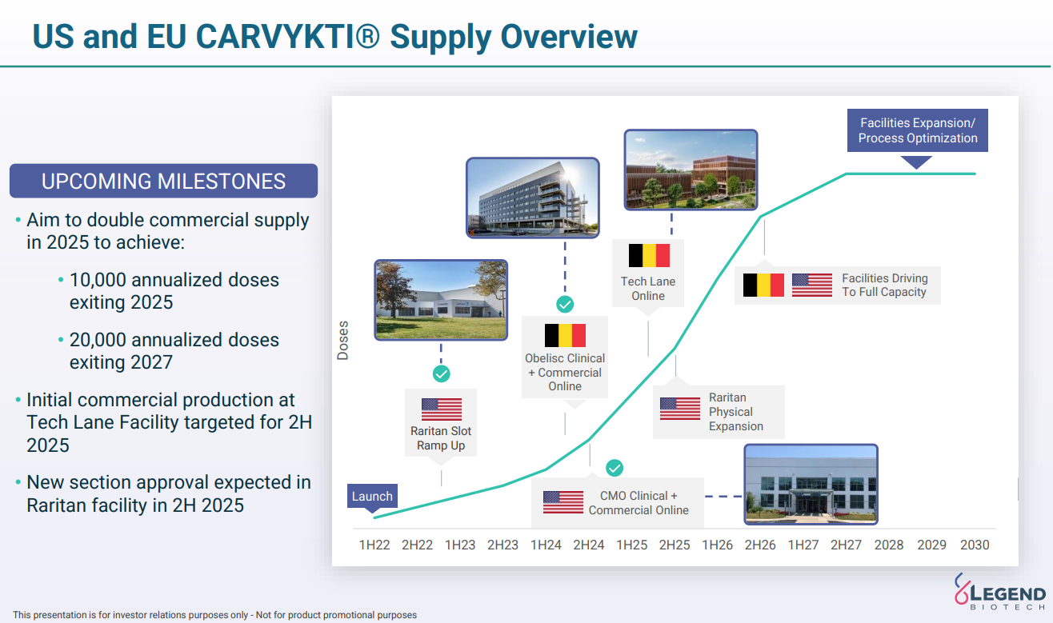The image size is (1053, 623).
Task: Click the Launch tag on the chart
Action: pyautogui.click(x=372, y=496)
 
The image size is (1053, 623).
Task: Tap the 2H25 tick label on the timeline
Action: pyautogui.click(x=674, y=545)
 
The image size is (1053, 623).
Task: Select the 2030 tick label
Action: pyautogui.click(x=975, y=545)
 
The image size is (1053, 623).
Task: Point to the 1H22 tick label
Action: pyautogui.click(x=374, y=545)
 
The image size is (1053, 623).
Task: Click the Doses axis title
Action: pyautogui.click(x=342, y=341)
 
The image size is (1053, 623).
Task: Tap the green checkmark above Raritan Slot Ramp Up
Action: pyautogui.click(x=442, y=374)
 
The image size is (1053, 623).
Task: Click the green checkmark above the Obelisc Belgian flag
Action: pyautogui.click(x=565, y=305)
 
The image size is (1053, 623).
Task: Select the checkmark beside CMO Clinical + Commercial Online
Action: pyautogui.click(x=615, y=468)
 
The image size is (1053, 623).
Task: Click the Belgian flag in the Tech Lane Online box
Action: pyautogui.click(x=649, y=256)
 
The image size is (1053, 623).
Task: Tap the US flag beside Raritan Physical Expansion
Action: pyautogui.click(x=680, y=409)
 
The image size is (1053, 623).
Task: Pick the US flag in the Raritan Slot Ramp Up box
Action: pyautogui.click(x=442, y=409)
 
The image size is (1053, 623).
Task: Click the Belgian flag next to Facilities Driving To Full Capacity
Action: pyautogui.click(x=763, y=286)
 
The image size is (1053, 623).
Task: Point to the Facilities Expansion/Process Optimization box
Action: pyautogui.click(x=918, y=130)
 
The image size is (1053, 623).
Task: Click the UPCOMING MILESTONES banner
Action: pyautogui.click(x=163, y=181)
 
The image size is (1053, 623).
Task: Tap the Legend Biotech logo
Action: pyautogui.click(x=1000, y=592)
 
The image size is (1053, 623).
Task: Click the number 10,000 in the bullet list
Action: pyautogui.click(x=98, y=280)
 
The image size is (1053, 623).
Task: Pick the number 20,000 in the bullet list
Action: pyautogui.click(x=98, y=340)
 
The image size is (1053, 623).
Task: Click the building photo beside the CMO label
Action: pyautogui.click(x=811, y=485)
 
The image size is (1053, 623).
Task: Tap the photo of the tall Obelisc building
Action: pyautogui.click(x=533, y=198)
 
